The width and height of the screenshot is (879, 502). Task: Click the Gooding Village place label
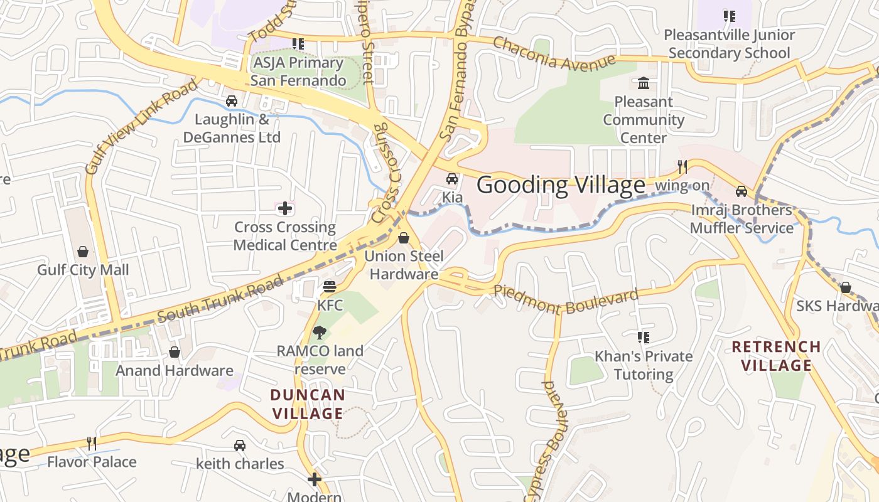(x=561, y=185)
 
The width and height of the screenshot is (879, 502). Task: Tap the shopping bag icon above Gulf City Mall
(x=83, y=252)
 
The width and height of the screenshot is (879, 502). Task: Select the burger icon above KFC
(x=330, y=287)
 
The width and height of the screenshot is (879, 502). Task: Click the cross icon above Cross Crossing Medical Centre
(x=285, y=208)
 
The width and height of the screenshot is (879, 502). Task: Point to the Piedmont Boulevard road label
(x=566, y=300)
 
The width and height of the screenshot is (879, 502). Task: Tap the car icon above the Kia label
(x=452, y=179)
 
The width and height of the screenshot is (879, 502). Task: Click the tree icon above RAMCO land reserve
(x=320, y=333)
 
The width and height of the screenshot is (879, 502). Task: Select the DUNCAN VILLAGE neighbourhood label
(x=308, y=404)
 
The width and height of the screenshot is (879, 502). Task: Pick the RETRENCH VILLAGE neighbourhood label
(x=776, y=356)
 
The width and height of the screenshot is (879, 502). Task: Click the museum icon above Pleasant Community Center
(x=644, y=83)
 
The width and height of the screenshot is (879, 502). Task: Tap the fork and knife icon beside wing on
(x=682, y=166)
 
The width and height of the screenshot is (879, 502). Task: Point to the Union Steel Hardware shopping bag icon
(x=404, y=238)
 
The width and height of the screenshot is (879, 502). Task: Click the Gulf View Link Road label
(x=141, y=127)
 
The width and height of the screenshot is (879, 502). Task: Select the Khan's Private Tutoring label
(x=644, y=365)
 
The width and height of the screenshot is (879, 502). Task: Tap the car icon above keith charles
(x=239, y=446)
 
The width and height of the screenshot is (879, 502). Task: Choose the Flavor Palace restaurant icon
(x=92, y=443)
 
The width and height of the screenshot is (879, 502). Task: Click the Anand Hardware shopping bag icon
(x=175, y=352)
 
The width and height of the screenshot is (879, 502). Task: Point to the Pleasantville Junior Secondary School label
(x=729, y=44)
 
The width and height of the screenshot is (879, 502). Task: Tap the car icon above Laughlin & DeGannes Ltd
(x=232, y=100)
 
